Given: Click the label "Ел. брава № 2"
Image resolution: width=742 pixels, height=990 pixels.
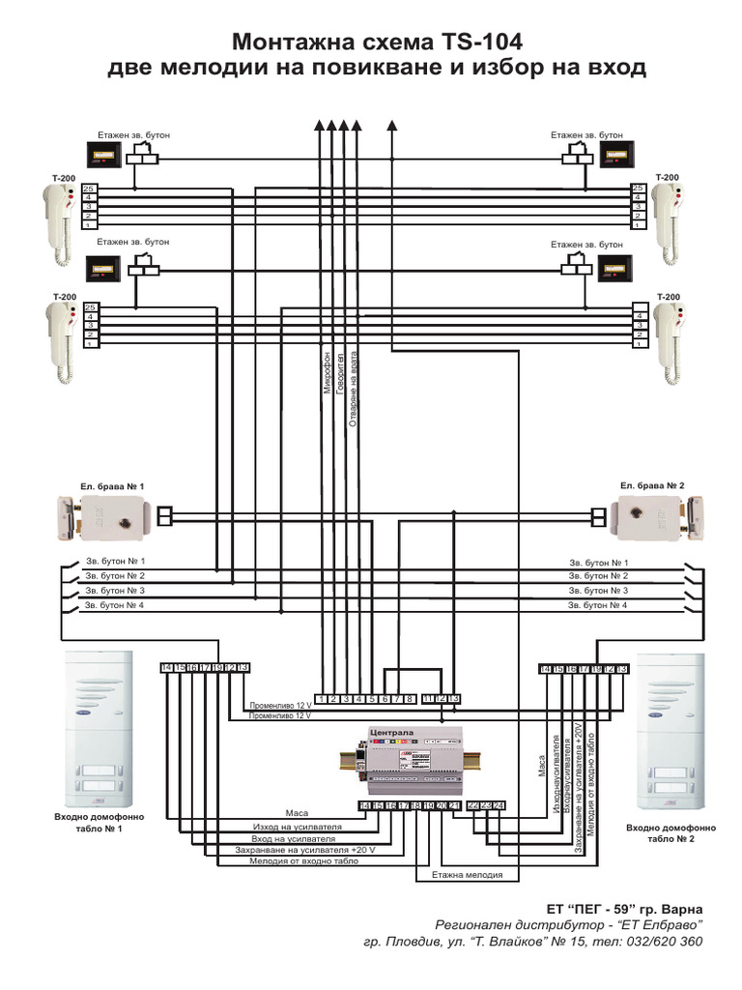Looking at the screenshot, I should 652,485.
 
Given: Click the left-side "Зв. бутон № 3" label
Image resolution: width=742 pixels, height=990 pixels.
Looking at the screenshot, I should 115,590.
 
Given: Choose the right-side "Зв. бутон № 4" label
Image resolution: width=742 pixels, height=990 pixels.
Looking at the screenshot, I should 598,604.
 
